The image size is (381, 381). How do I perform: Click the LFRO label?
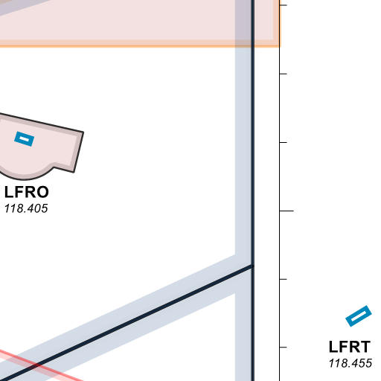pyautogui.click(x=27, y=192)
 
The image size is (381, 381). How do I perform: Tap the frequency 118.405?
pyautogui.click(x=26, y=208)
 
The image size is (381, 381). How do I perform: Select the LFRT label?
pyautogui.click(x=350, y=347)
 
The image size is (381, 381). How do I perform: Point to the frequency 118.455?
pyautogui.click(x=350, y=363)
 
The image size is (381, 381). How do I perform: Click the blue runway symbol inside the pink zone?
pyautogui.click(x=25, y=139)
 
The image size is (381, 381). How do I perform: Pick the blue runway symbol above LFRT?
pyautogui.click(x=359, y=316)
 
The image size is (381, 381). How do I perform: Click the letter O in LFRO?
pyautogui.click(x=43, y=192)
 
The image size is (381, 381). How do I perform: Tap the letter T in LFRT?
pyautogui.click(x=365, y=347)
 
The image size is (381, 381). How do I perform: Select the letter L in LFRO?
pyautogui.click(x=8, y=192)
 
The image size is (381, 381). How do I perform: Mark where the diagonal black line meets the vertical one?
pyautogui.click(x=252, y=266)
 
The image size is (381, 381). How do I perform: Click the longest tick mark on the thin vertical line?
pyautogui.click(x=286, y=211)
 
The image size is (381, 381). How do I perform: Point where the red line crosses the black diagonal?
pyautogui.click(x=38, y=365)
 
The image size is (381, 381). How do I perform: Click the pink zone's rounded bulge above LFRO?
pyautogui.click(x=25, y=173)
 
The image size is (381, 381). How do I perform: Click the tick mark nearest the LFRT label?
pyautogui.click(x=284, y=348)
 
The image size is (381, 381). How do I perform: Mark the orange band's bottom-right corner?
pyautogui.click(x=281, y=46)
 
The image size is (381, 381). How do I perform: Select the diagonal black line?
pyautogui.click(x=127, y=324)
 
